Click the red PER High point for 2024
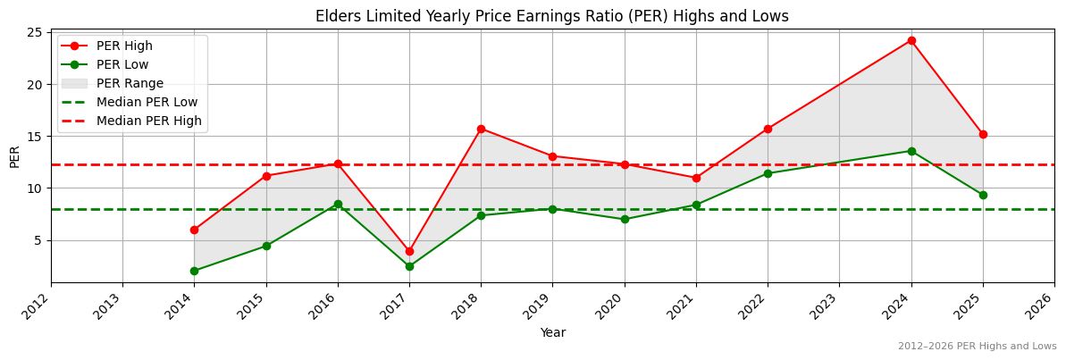(911, 40)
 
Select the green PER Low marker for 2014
(194, 271)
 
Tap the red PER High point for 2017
(409, 251)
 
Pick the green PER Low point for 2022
(768, 173)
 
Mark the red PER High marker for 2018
(481, 129)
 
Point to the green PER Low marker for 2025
(983, 195)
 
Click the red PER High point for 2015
(266, 176)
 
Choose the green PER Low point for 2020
(625, 219)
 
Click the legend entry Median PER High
(148, 121)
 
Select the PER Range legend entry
(130, 83)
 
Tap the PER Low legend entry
(122, 64)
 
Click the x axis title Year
(552, 332)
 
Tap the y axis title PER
(14, 156)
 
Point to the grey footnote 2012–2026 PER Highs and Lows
(977, 347)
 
